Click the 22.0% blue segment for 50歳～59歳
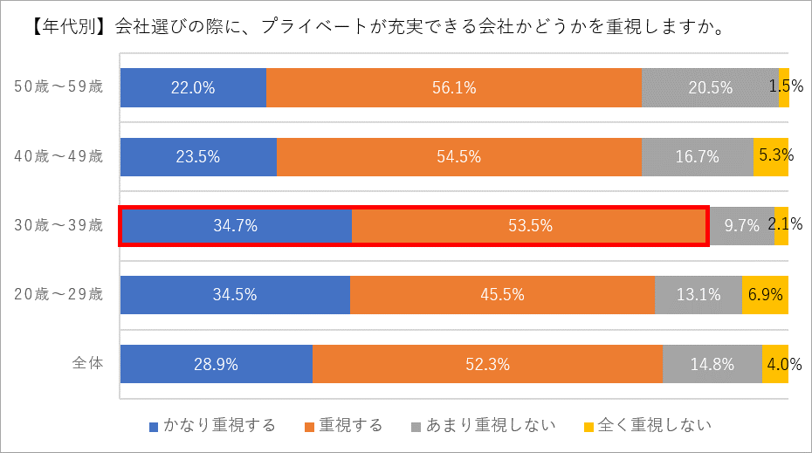(193, 87)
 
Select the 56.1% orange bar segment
(454, 87)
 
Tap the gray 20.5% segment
(710, 87)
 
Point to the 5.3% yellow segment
(770, 157)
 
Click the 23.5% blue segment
(198, 157)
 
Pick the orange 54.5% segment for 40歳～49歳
(459, 157)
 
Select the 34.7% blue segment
(236, 226)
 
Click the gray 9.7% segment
(741, 226)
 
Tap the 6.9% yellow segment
(765, 295)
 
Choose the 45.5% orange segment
(502, 295)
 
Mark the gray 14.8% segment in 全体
(712, 364)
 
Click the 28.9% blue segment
(217, 364)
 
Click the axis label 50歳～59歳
(59, 87)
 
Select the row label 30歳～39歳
(59, 226)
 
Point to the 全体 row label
(88, 364)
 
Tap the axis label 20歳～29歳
(59, 295)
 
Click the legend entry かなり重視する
(213, 426)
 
